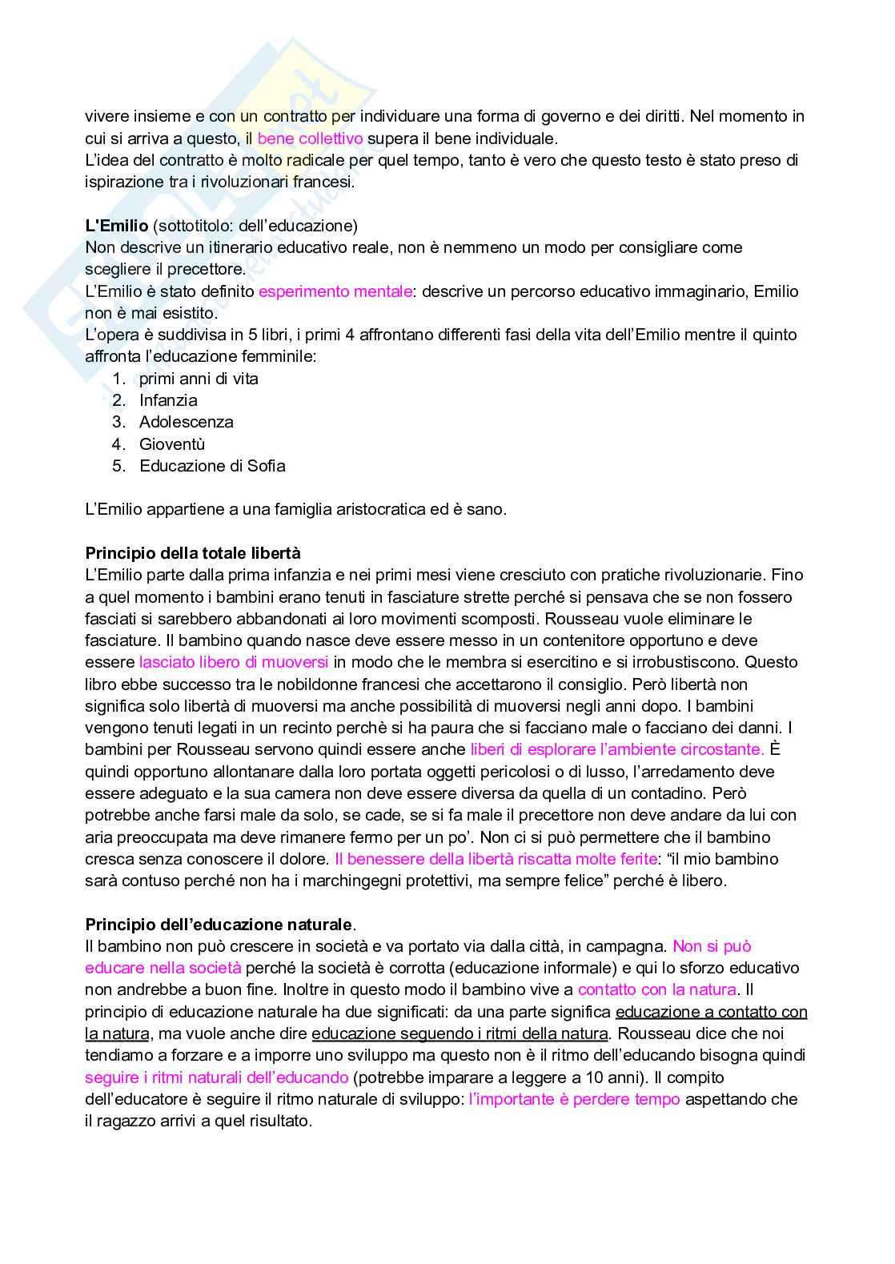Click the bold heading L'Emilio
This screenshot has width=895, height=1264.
click(116, 226)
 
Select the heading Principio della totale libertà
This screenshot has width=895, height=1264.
click(193, 553)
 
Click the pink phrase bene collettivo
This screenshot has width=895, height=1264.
click(310, 138)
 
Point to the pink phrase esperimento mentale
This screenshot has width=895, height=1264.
click(335, 291)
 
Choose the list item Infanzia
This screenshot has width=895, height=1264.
click(168, 400)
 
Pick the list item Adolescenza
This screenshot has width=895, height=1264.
click(187, 422)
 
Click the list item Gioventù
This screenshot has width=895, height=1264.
click(172, 444)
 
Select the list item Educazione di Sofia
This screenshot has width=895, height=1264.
click(212, 466)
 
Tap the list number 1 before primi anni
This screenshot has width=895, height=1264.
click(118, 379)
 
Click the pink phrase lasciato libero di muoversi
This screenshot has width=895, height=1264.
click(234, 662)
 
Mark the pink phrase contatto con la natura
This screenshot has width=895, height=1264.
click(656, 990)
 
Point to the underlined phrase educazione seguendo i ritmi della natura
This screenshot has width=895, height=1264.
click(460, 1033)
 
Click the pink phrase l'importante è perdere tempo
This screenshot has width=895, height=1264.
click(574, 1099)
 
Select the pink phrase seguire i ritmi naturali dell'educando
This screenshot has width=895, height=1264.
click(216, 1077)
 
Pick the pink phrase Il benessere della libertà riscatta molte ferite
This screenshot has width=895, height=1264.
click(495, 859)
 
